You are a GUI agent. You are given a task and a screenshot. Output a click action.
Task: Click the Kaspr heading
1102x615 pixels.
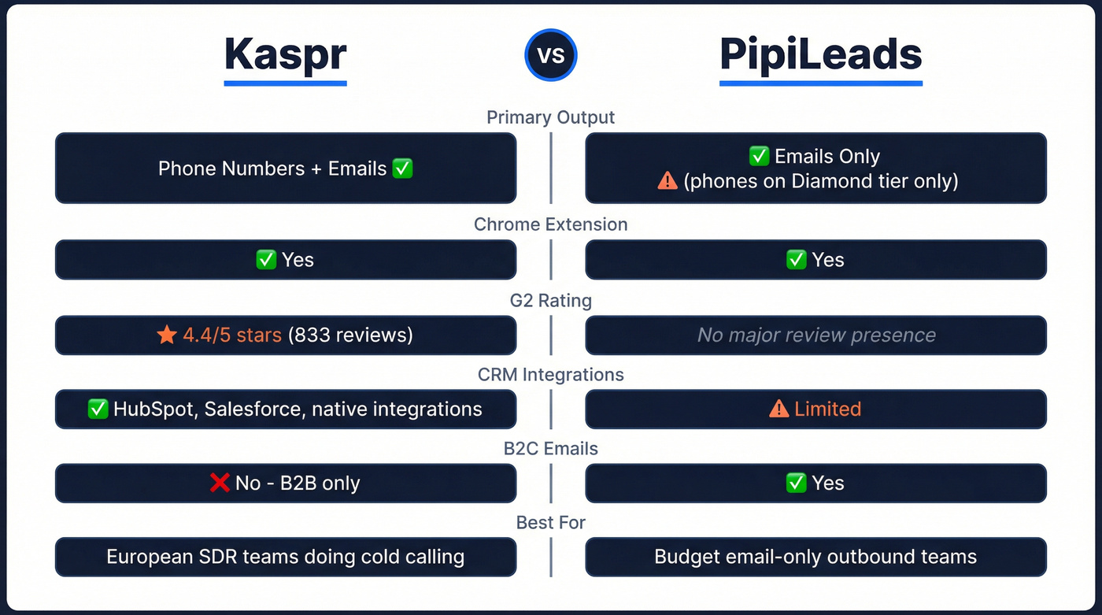tap(285, 54)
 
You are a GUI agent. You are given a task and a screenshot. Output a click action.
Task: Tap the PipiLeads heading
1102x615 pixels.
tap(820, 54)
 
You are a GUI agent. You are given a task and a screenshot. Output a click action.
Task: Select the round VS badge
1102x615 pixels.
tap(551, 56)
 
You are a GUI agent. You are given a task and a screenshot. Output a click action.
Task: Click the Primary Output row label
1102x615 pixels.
tap(550, 117)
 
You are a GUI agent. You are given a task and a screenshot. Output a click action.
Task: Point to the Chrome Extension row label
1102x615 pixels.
tap(550, 224)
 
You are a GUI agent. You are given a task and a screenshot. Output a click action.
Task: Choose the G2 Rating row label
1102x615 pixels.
tap(550, 301)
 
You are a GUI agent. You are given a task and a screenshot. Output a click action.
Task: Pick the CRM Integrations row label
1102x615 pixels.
tap(550, 375)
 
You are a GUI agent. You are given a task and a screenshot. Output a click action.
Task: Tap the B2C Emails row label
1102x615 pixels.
tap(550, 449)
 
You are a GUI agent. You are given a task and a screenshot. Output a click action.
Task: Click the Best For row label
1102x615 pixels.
tap(550, 523)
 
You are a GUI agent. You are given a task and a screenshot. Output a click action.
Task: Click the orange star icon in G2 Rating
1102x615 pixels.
tap(167, 335)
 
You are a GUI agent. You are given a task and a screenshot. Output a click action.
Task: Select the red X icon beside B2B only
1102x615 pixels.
tap(220, 483)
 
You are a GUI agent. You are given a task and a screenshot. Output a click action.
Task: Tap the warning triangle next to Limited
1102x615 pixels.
tap(778, 409)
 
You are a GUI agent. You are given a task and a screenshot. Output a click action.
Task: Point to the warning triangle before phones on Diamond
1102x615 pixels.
tap(667, 180)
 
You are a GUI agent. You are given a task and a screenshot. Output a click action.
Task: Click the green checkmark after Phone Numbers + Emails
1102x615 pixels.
tap(402, 169)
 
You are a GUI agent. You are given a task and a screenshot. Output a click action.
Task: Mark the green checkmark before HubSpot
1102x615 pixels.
tap(98, 409)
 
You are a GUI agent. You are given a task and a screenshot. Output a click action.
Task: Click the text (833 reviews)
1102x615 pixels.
tap(350, 335)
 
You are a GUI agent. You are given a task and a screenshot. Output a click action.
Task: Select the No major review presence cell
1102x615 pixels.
tap(816, 335)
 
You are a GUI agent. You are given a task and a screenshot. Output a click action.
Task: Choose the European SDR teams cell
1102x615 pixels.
tap(285, 558)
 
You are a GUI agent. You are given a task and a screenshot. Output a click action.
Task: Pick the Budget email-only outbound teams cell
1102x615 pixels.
tap(815, 558)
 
